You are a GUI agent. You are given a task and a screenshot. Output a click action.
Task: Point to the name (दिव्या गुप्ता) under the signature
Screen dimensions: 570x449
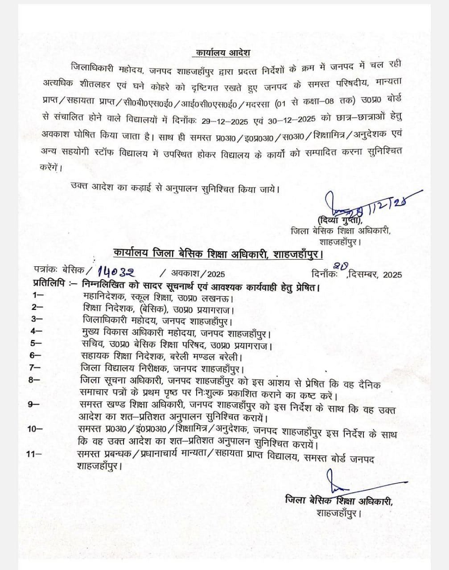coord(340,220)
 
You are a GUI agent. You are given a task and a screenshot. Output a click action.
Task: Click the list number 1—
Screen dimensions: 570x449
coord(38,295)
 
